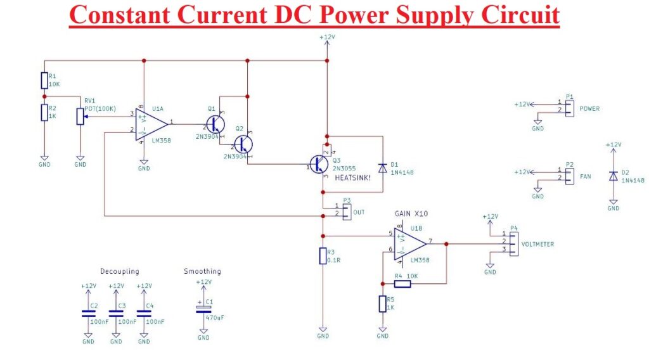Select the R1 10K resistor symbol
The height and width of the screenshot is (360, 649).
click(x=44, y=80)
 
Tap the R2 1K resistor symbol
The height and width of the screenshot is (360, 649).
click(x=44, y=112)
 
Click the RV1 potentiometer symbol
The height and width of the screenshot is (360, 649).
click(x=80, y=117)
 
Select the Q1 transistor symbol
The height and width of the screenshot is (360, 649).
click(x=215, y=123)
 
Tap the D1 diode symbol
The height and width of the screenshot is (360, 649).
click(x=382, y=167)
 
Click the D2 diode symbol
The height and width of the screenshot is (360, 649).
click(x=613, y=176)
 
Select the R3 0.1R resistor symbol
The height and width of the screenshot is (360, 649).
click(x=323, y=256)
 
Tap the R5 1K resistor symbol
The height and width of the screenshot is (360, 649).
click(x=382, y=304)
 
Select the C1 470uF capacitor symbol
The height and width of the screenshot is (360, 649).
click(x=203, y=309)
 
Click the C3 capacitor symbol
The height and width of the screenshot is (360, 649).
click(x=116, y=312)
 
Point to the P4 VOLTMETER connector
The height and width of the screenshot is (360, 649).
click(x=513, y=244)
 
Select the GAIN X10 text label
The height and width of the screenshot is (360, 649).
click(x=411, y=214)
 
